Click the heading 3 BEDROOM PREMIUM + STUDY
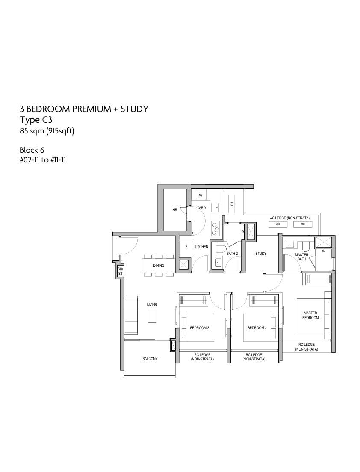(84, 109)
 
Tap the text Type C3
(36, 120)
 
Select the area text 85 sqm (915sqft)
(47, 131)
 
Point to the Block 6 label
(32, 150)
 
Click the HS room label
(174, 210)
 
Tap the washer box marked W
(201, 195)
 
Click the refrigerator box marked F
(186, 247)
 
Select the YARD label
(201, 208)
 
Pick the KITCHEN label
(201, 247)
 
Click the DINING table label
(159, 265)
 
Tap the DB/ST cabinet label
(120, 271)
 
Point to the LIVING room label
(152, 304)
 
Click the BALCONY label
(150, 359)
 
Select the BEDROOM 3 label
(199, 328)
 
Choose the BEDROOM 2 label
(257, 328)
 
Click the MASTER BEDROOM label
(310, 315)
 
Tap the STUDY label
(261, 254)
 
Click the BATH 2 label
(232, 254)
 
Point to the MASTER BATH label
(301, 257)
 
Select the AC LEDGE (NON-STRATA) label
(289, 218)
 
